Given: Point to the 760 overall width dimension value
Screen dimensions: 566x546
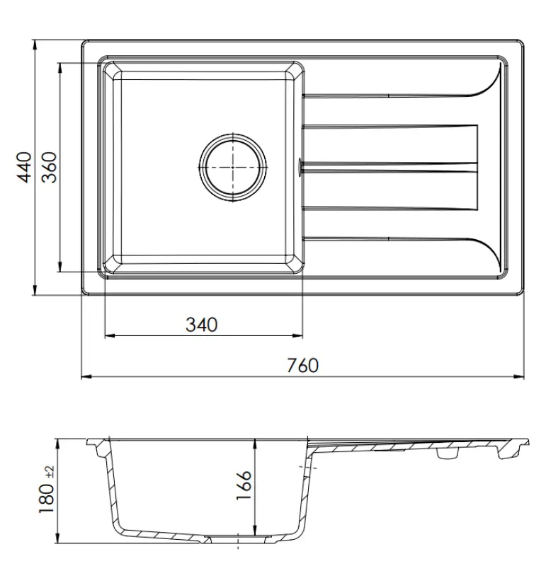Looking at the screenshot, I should [302, 366].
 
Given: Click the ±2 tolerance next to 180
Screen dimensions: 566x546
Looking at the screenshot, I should [49, 472].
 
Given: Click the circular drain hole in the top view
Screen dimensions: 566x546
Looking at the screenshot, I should [234, 167].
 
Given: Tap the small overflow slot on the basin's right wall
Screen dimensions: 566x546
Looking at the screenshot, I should [302, 167].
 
